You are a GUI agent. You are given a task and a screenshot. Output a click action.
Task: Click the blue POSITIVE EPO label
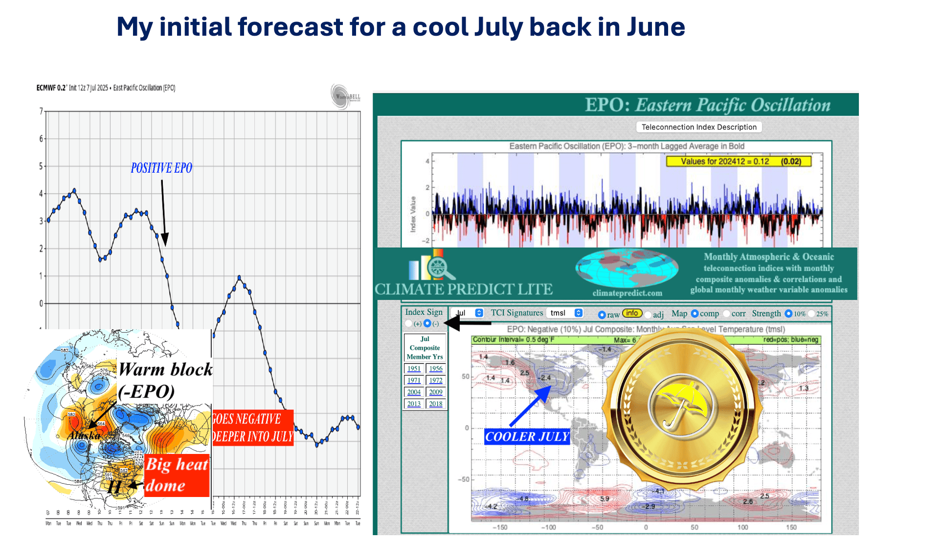(161, 168)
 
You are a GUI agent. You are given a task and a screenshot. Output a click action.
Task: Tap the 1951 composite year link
(414, 369)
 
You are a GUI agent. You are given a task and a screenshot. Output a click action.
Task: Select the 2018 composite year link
(436, 404)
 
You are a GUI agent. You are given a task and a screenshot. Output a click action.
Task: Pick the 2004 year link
(414, 392)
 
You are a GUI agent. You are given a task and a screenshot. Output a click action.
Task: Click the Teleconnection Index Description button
(698, 127)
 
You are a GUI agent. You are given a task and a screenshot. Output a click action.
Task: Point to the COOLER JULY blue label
(527, 436)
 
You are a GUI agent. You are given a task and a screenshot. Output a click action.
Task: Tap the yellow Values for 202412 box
(739, 161)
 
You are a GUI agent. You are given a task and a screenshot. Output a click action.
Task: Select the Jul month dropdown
(467, 313)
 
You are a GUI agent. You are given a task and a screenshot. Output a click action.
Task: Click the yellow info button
(632, 313)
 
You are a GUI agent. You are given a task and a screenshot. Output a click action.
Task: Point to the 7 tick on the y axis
(41, 111)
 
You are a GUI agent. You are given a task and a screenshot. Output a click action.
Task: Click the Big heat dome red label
(177, 474)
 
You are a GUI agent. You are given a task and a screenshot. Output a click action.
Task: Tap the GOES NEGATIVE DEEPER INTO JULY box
(253, 428)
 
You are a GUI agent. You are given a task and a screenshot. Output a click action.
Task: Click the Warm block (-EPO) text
(165, 381)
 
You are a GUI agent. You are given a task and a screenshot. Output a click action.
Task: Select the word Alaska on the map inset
(84, 435)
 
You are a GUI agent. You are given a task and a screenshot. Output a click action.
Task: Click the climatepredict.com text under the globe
(627, 293)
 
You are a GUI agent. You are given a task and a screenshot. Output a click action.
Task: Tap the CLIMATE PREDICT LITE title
(463, 290)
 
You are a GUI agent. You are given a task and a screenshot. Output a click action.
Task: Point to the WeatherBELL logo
(346, 96)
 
